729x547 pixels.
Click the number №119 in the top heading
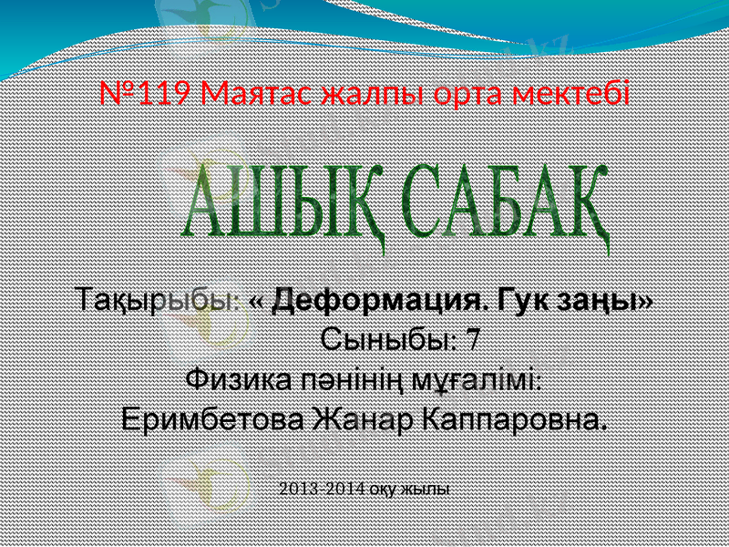(146, 94)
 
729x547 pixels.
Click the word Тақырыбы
(158, 299)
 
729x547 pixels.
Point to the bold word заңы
(605, 299)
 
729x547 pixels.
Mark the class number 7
(473, 340)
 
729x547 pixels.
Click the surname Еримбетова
(213, 420)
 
